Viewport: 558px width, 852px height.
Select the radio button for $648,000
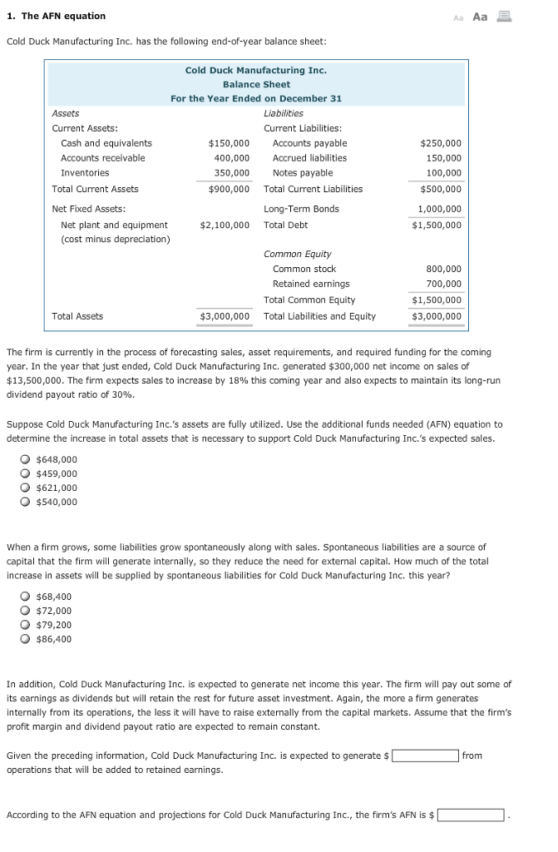pos(27,459)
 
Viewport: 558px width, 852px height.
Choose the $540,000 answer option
pos(27,502)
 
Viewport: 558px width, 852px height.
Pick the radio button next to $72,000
pos(27,611)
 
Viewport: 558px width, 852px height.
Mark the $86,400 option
pos(27,639)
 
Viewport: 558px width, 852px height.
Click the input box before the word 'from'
pos(425,755)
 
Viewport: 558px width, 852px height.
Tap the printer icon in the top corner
pos(504,16)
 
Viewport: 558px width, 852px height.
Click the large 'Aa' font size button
pos(480,16)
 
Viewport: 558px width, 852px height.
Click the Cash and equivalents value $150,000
pos(229,143)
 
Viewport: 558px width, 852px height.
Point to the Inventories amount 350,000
pos(232,173)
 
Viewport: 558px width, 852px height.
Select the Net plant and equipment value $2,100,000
pos(225,225)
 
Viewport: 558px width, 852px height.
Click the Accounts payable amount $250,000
pos(441,143)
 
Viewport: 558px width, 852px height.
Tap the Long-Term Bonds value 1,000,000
pos(440,209)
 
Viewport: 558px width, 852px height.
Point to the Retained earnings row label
pos(311,284)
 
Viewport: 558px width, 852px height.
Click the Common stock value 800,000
pos(445,269)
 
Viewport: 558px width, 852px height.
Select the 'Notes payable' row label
pos(303,173)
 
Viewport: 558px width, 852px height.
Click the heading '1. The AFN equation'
pos(56,16)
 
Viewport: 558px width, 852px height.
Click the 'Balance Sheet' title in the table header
pos(256,84)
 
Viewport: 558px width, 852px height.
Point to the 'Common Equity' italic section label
pos(297,254)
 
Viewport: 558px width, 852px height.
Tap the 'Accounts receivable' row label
pos(103,158)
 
